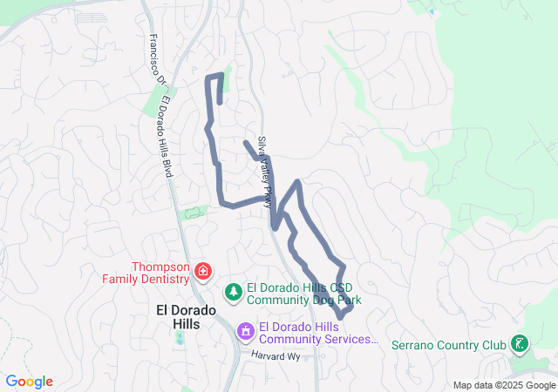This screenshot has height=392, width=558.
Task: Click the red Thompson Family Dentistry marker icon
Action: [203, 272]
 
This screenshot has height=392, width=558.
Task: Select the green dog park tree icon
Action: [233, 291]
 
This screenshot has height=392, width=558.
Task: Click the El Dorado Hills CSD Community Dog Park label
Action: [303, 294]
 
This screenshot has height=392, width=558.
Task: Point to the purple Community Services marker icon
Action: [247, 331]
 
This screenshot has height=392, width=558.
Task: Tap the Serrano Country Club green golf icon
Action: [519, 344]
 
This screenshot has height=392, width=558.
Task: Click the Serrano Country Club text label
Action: [448, 345]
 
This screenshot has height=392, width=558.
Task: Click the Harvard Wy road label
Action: [276, 355]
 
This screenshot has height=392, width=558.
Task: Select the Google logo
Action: [29, 382]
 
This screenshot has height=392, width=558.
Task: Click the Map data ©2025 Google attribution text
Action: [503, 385]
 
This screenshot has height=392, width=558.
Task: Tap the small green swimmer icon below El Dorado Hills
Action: [180, 336]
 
